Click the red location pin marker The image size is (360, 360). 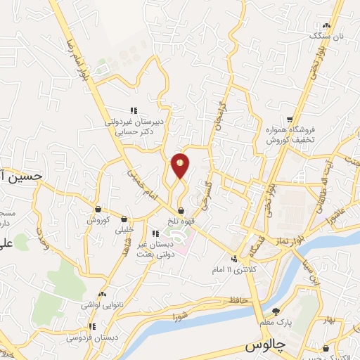[181, 165]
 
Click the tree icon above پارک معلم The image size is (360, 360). [276, 311]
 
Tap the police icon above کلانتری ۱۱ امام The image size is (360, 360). [233, 259]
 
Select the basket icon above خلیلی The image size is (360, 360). [124, 219]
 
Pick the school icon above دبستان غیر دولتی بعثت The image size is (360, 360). [156, 233]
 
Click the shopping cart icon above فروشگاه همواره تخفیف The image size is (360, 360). [290, 119]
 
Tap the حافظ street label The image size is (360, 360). [224, 301]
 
